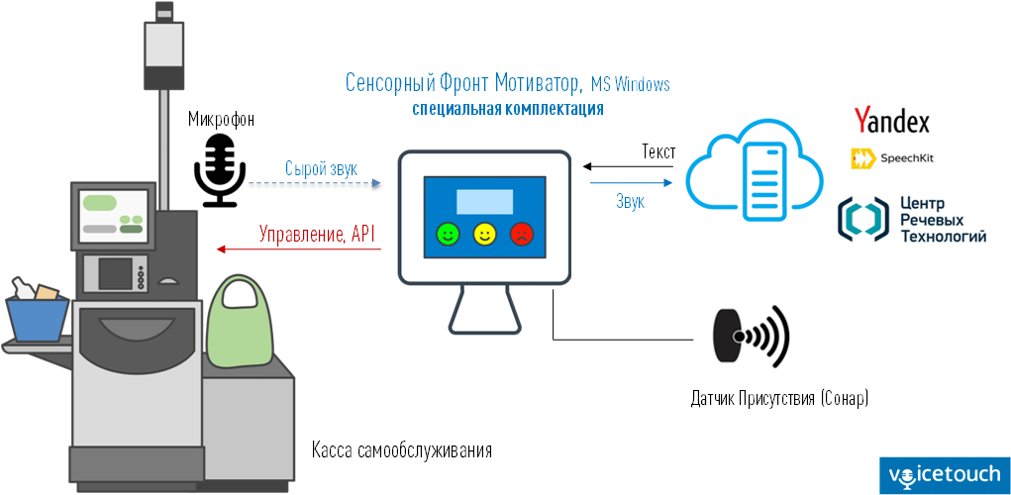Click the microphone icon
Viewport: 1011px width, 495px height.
219,169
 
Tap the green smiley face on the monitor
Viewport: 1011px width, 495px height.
449,234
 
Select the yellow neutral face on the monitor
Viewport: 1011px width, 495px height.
484,234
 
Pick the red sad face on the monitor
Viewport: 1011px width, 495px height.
521,234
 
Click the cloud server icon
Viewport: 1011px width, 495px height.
755,169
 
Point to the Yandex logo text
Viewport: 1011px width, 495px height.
891,121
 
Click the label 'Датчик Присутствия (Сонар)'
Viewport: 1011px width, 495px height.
779,399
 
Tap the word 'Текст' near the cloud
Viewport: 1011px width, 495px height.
658,152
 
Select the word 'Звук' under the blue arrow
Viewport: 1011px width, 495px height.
631,201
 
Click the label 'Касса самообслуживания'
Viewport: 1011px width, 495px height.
401,450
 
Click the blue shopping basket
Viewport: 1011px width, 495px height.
38,317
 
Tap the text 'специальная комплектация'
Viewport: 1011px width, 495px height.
508,108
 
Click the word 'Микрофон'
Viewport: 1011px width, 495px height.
221,120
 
